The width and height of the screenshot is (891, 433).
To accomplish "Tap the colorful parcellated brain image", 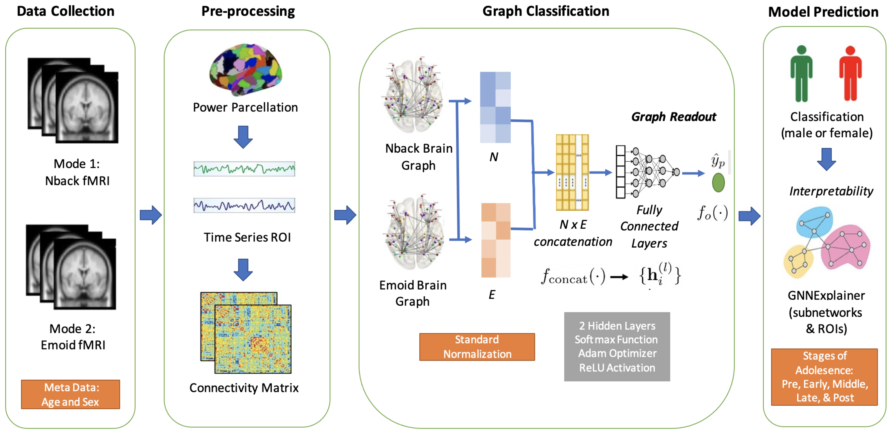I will click(x=246, y=69).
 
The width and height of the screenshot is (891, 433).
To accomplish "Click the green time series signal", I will click(x=244, y=169).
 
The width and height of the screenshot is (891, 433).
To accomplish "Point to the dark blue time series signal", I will click(x=244, y=205).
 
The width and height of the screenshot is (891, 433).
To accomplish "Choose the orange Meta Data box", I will click(x=70, y=394).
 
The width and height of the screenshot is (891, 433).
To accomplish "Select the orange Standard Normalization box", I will click(x=477, y=347).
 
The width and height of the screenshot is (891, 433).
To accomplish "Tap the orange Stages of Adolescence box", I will click(x=824, y=377).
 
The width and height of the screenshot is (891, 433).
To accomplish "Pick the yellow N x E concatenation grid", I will click(x=572, y=172).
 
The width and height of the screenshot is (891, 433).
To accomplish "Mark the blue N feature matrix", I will click(x=495, y=107).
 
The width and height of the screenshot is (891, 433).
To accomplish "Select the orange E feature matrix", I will click(x=496, y=240).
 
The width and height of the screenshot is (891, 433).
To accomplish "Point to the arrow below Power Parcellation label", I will click(x=243, y=137).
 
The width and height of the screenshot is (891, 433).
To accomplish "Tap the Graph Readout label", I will click(x=673, y=117).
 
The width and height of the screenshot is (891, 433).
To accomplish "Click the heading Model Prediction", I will click(x=823, y=12).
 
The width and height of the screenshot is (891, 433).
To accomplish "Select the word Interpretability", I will click(x=831, y=191).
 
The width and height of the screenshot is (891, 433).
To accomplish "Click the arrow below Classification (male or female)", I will click(x=826, y=159).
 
